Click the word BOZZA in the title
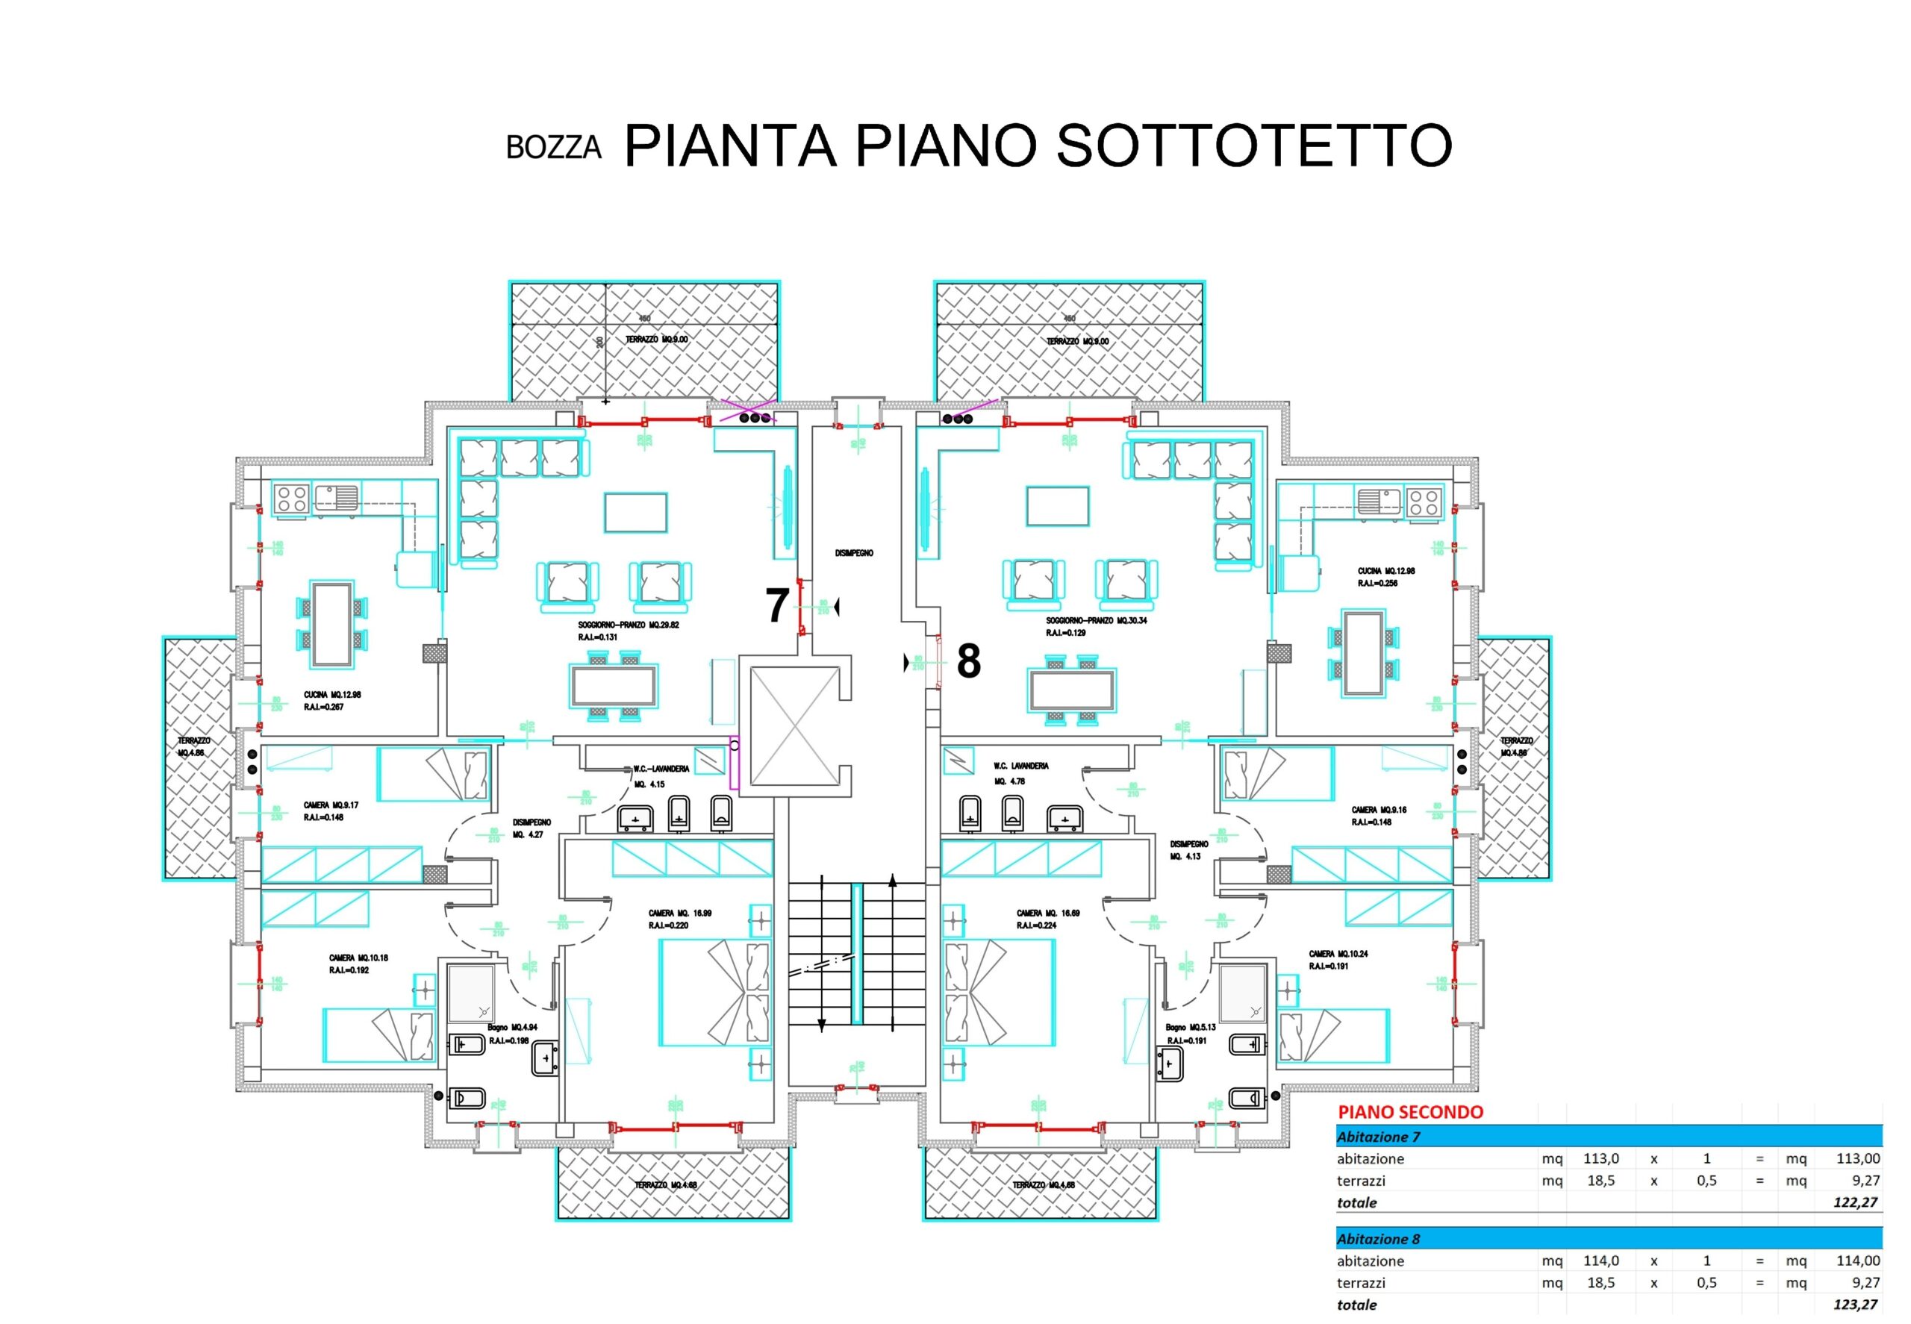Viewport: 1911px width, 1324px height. tap(553, 147)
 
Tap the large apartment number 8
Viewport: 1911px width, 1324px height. tap(968, 661)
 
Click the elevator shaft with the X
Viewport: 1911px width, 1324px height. tap(795, 727)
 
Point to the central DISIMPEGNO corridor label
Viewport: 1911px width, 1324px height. tap(854, 553)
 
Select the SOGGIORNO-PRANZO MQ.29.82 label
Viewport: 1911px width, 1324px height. tap(628, 625)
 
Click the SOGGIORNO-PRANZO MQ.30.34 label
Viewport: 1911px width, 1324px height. tap(1096, 620)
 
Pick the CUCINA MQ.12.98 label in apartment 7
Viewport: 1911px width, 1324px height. tap(332, 695)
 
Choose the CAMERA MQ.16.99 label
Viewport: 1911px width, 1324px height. tap(679, 914)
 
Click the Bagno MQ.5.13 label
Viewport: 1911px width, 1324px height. tap(1191, 1028)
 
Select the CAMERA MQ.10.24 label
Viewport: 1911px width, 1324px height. tap(1337, 954)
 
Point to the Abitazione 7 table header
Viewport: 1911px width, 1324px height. tap(1378, 1137)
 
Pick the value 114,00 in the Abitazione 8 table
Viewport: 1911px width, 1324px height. tap(1857, 1260)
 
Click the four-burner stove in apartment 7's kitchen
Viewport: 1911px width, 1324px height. tap(292, 499)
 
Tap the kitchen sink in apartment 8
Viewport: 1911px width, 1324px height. tap(1378, 501)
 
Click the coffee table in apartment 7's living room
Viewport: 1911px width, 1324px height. tap(635, 513)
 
